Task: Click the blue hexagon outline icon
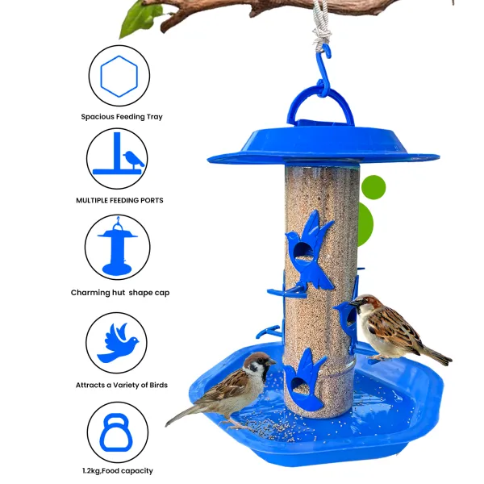(x=119, y=57)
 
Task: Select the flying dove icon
(x=117, y=344)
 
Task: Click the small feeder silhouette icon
(x=117, y=247)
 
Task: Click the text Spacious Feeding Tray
(x=122, y=117)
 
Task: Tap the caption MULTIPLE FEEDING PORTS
(x=119, y=200)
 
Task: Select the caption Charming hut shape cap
(x=120, y=293)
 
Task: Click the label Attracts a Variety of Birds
(x=122, y=385)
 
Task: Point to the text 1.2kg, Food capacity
(x=118, y=471)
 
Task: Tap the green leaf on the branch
(x=140, y=19)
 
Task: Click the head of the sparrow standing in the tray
(x=259, y=364)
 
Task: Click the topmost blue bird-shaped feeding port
(x=309, y=250)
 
